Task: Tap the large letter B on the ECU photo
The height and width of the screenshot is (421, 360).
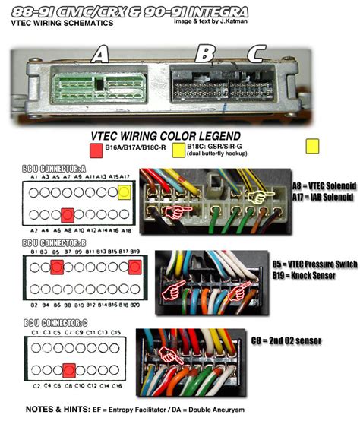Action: (204, 54)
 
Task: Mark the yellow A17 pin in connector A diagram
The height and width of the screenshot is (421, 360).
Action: (124, 194)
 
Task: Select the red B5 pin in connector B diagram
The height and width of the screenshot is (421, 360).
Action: (56, 266)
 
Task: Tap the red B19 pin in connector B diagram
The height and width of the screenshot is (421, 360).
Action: (134, 266)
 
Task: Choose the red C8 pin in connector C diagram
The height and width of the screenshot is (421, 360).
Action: (68, 371)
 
